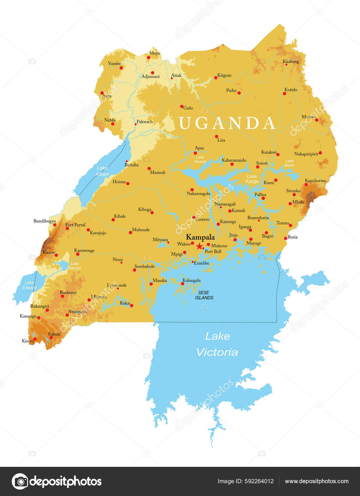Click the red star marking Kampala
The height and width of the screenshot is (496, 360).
click(x=199, y=246)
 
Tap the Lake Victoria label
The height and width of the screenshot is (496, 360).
click(x=217, y=344)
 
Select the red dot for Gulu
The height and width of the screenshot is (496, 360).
click(x=182, y=106)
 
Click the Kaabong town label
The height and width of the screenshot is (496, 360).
click(x=291, y=62)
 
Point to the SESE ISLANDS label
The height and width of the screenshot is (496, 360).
click(x=204, y=295)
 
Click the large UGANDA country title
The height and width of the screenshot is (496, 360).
click(x=227, y=123)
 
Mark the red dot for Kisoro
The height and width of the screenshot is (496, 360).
click(x=35, y=339)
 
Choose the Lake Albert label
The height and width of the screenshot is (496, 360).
click(x=102, y=171)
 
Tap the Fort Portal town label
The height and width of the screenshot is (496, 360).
click(x=75, y=225)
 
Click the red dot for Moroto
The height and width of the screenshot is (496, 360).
click(x=317, y=120)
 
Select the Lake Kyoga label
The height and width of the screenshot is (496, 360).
click(x=252, y=179)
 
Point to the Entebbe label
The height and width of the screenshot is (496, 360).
click(x=201, y=263)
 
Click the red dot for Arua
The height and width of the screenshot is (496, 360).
click(x=102, y=93)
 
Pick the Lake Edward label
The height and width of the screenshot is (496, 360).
click(x=29, y=285)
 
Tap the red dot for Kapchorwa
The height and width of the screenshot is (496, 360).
click(x=306, y=184)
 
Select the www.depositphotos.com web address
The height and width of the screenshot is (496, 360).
click(x=317, y=481)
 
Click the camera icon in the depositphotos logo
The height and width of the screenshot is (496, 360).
click(x=20, y=481)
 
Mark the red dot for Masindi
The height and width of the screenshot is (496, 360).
click(x=149, y=168)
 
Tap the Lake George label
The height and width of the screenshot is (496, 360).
click(x=75, y=266)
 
